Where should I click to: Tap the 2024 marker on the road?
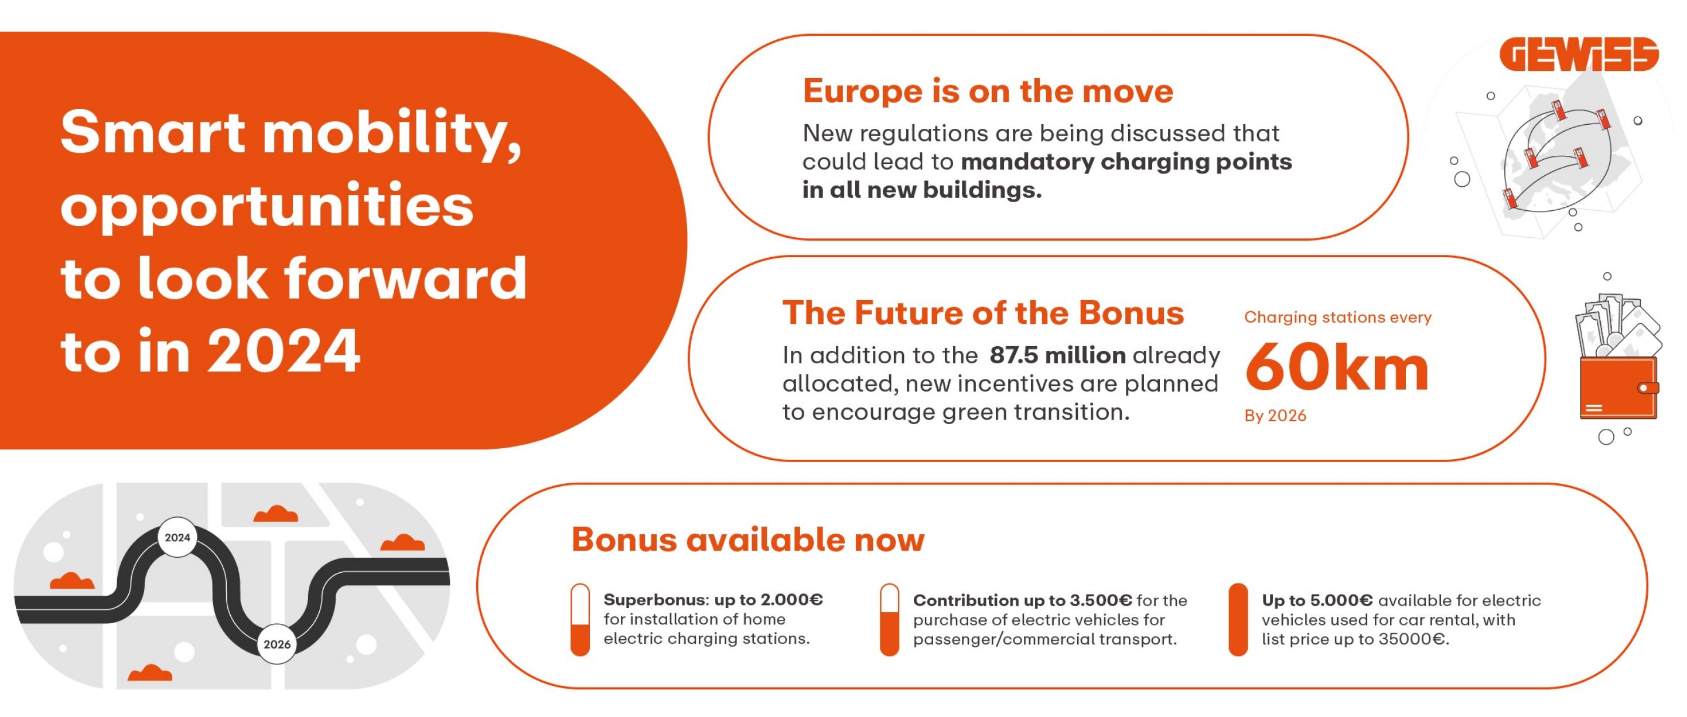[177, 538]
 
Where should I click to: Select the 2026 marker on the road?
[277, 644]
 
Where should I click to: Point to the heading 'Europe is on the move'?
[988, 90]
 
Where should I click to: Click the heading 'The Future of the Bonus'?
[983, 312]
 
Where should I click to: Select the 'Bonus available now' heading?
[748, 540]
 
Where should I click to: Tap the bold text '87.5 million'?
[1058, 355]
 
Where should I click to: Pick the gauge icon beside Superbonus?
[580, 619]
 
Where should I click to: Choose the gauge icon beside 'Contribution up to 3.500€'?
[889, 619]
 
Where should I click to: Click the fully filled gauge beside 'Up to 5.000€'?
[1238, 619]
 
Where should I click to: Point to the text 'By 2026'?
[1275, 416]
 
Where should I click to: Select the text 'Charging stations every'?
[1338, 317]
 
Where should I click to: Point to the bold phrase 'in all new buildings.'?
[922, 190]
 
